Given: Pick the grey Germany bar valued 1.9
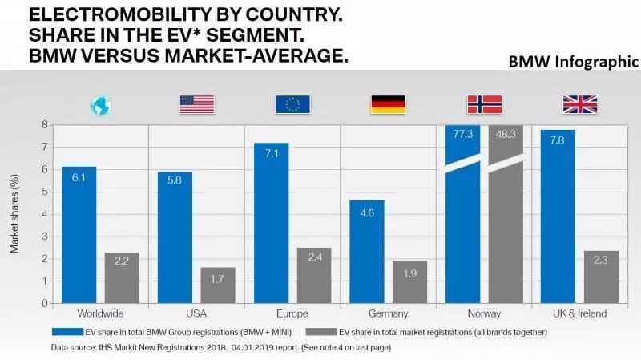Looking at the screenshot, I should (x=409, y=281).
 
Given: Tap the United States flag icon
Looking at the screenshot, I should (x=197, y=104).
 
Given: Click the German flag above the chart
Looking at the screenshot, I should (x=388, y=104).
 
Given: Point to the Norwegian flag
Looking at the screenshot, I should (x=484, y=104).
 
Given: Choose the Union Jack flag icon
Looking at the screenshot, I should (x=579, y=104).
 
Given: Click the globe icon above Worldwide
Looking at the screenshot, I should (x=102, y=105).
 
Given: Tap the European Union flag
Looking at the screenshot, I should (x=292, y=104).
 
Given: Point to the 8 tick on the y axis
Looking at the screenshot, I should (x=44, y=124).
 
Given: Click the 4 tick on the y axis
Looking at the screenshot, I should (x=44, y=213).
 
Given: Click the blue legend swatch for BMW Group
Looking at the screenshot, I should (x=68, y=330).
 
